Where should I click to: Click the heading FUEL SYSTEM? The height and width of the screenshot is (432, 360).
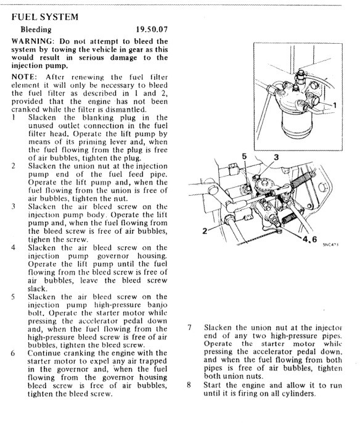[45, 17]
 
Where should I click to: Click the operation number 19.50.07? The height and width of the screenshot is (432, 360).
[152, 29]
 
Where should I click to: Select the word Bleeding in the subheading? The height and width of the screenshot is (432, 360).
[36, 30]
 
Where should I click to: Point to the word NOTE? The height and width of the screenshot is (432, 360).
[23, 77]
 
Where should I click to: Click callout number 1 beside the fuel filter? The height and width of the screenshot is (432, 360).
[335, 106]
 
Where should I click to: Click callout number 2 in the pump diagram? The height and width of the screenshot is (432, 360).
[205, 231]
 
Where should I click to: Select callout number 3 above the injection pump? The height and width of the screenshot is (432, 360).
[276, 157]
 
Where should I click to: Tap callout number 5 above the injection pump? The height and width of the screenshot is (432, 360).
[244, 157]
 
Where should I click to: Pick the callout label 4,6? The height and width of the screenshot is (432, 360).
[309, 239]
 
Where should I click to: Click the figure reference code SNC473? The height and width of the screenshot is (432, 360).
[330, 244]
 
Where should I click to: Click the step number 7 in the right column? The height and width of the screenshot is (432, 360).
[189, 328]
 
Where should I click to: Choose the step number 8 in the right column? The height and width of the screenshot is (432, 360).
[189, 385]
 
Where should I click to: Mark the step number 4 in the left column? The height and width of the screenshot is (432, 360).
[13, 247]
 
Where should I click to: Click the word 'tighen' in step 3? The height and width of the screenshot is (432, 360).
[39, 239]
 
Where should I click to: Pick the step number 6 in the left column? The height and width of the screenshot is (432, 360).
[13, 353]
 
